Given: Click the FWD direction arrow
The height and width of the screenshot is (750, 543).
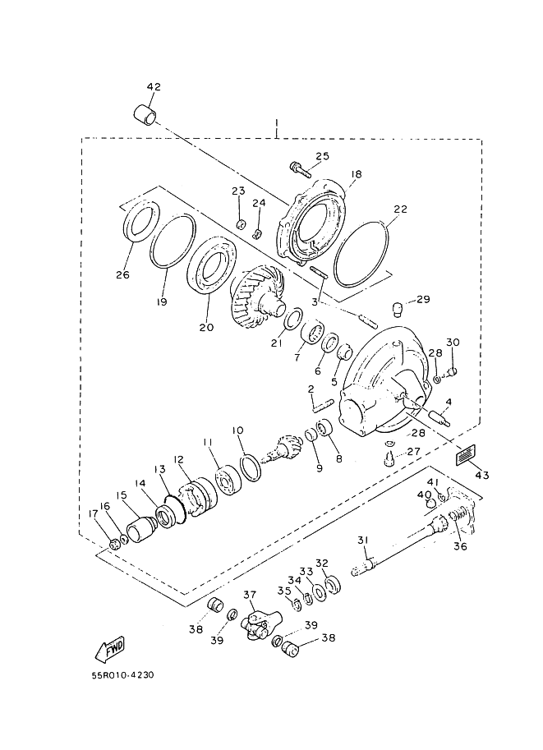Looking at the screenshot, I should pos(109,649).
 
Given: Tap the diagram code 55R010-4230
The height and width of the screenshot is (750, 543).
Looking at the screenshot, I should pos(122,676).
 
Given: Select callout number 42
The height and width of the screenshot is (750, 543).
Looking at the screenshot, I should pos(154,87).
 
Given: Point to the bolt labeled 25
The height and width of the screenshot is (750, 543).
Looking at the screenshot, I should pos(300,170).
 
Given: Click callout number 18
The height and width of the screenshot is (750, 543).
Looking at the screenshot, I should pos(356,174).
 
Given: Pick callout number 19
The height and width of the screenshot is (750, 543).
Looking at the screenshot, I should pos(163,302).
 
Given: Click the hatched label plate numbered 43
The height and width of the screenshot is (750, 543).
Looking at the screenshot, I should pos(466,453).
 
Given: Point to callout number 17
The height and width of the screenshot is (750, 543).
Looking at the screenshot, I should pos(94,515).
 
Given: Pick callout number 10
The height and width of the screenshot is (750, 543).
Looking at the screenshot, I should pos(237,430).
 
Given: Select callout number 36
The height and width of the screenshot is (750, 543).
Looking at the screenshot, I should pos(459,544).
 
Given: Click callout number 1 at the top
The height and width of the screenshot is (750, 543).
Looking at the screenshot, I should pos(277,124).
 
